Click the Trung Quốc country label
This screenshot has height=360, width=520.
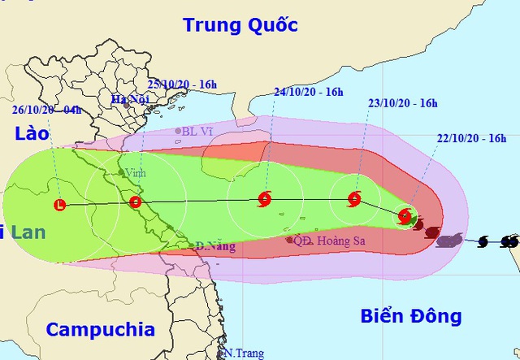240,25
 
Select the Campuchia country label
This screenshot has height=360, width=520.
100,330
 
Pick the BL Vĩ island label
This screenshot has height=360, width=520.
197,131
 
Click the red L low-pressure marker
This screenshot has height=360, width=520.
59,205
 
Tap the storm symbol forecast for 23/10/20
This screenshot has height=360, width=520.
354,198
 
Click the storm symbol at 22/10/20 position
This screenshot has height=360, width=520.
405,216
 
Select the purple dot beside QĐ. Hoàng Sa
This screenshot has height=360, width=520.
290,240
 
